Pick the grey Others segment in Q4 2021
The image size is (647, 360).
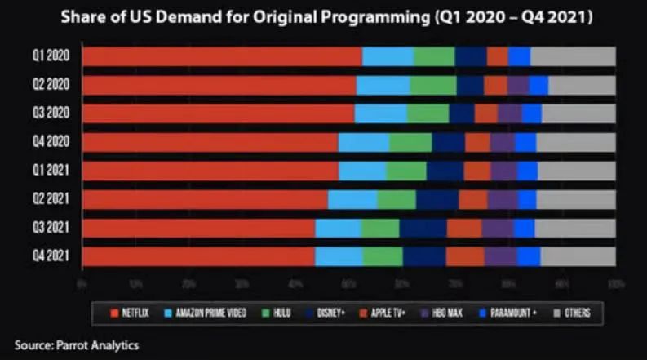pyautogui.click(x=578, y=256)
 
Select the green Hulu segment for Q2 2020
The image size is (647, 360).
pyautogui.click(x=432, y=85)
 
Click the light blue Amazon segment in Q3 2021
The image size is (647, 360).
pyautogui.click(x=338, y=228)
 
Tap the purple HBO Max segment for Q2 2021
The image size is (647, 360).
pyautogui.click(x=503, y=199)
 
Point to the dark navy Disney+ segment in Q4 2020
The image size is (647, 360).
pyautogui.click(x=448, y=142)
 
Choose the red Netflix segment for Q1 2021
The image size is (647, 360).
pyautogui.click(x=210, y=171)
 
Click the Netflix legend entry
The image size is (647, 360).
pyautogui.click(x=131, y=312)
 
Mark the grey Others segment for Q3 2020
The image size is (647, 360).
pyautogui.click(x=578, y=113)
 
